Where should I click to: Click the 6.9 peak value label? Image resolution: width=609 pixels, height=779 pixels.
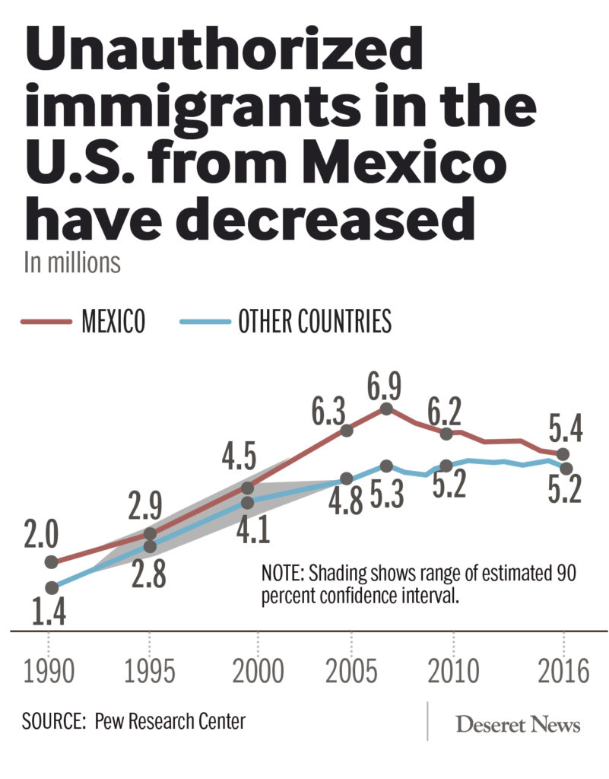[387, 384]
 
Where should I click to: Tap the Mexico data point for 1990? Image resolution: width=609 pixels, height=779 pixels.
[52, 562]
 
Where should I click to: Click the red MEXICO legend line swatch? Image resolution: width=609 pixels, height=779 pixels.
[46, 322]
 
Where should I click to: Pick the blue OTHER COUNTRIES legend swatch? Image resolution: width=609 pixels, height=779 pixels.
[205, 322]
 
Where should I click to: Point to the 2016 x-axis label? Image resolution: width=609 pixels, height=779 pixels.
[563, 672]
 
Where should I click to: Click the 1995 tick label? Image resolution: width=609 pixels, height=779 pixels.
[149, 672]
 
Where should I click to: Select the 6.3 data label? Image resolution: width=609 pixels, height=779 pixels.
[328, 413]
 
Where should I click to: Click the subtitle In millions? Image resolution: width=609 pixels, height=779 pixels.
[72, 262]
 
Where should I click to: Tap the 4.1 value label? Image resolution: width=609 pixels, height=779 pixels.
[252, 529]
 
